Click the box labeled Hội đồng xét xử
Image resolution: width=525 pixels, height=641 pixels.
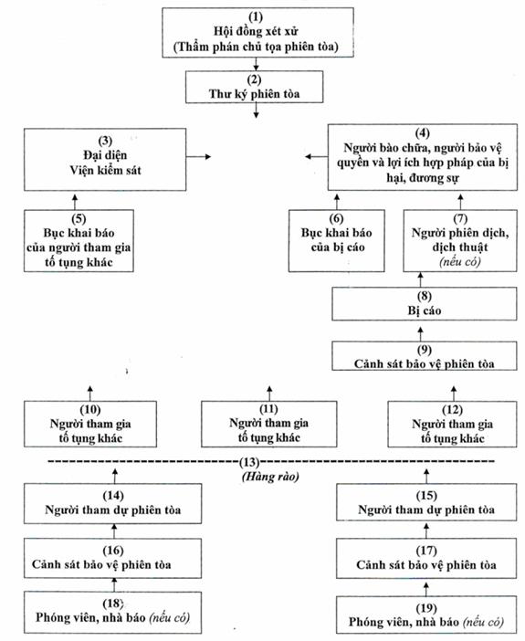257,32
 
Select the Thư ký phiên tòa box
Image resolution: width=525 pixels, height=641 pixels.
255,87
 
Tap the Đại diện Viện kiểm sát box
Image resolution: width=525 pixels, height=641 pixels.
105,160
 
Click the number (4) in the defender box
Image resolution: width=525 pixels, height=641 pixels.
423,133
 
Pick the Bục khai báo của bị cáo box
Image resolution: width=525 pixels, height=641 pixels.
337,241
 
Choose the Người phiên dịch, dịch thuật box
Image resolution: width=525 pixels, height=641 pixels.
460,241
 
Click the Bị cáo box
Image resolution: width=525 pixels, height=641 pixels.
424,304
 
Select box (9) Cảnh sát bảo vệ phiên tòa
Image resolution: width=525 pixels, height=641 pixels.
424,356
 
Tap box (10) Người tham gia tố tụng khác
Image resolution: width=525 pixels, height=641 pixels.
90,424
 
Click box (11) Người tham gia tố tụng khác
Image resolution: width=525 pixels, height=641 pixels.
269,424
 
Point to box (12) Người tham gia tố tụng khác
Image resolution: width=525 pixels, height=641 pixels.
452,424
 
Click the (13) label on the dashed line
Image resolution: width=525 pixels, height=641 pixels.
249,462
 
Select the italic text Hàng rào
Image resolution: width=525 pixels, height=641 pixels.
270,477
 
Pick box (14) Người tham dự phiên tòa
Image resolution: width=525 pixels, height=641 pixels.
113,503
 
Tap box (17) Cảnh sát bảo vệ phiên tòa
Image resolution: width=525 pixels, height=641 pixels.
426,558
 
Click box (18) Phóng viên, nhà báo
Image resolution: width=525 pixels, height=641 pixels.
113,612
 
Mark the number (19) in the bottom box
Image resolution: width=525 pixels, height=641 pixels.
426,608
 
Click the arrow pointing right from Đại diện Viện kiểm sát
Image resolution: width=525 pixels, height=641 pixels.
199,156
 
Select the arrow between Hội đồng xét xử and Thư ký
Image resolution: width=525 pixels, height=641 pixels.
256,64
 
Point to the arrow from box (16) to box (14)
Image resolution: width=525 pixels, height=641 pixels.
114,531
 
